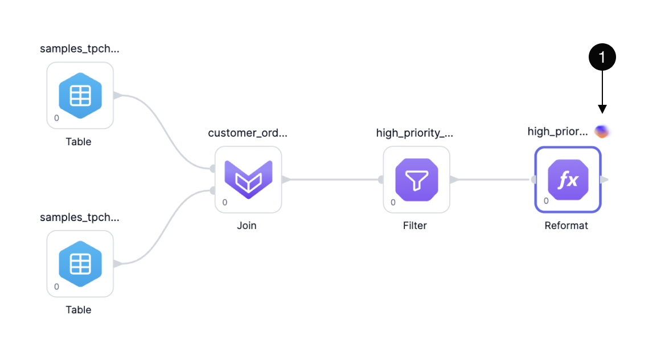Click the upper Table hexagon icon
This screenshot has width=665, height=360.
[80, 96]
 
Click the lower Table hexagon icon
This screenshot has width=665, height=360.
[80, 264]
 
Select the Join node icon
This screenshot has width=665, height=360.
[249, 179]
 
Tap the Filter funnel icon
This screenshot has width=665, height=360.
[416, 179]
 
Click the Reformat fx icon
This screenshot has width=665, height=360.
[568, 179]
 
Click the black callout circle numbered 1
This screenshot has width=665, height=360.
[602, 57]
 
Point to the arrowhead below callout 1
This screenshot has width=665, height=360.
[602, 109]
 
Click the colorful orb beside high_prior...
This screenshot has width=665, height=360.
[602, 132]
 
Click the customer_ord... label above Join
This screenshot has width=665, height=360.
[248, 133]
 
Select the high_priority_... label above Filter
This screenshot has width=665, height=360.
[415, 133]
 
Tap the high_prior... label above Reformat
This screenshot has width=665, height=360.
[558, 132]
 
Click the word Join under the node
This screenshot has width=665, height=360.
[247, 226]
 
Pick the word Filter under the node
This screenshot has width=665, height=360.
[415, 226]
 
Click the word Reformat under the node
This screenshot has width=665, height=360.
[566, 226]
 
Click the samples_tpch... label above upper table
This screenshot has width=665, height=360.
[80, 49]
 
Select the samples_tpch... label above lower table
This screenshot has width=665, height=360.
[80, 218]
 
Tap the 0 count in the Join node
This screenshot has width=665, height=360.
[225, 203]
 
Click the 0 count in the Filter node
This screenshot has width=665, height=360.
[393, 203]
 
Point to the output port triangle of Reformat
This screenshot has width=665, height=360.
[605, 179]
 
